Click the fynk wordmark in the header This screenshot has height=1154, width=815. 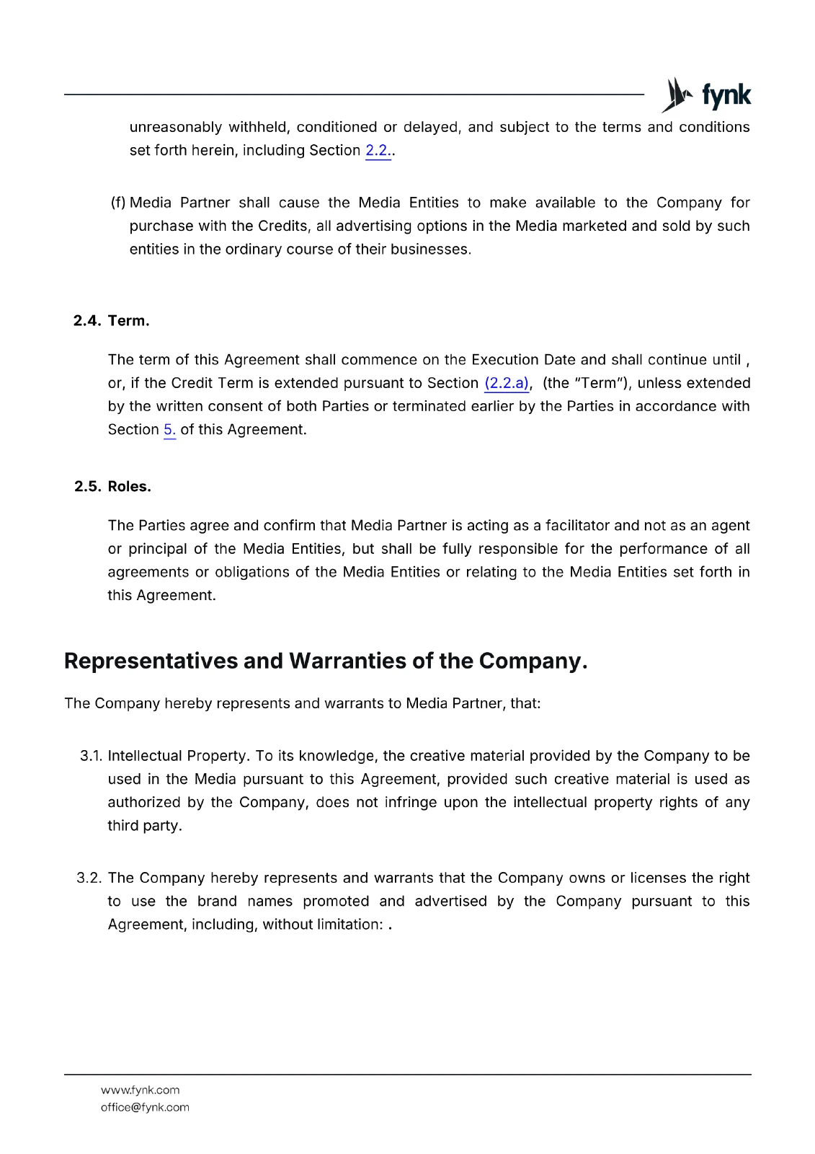point(726,95)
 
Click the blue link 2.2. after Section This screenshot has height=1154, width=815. point(378,151)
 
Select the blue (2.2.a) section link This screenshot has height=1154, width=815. point(507,383)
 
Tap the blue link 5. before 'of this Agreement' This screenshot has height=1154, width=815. point(169,430)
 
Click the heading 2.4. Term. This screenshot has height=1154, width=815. point(112,321)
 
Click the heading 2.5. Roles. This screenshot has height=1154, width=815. point(112,487)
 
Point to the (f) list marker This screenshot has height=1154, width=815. point(118,203)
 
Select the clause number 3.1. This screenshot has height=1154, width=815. point(91,756)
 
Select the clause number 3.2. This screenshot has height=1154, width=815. point(89,878)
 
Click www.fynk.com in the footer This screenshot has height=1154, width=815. point(140,1090)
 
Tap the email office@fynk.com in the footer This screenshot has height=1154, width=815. point(145,1107)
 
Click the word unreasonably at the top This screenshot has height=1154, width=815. point(176,128)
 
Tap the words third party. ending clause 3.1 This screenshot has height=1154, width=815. point(144,826)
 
